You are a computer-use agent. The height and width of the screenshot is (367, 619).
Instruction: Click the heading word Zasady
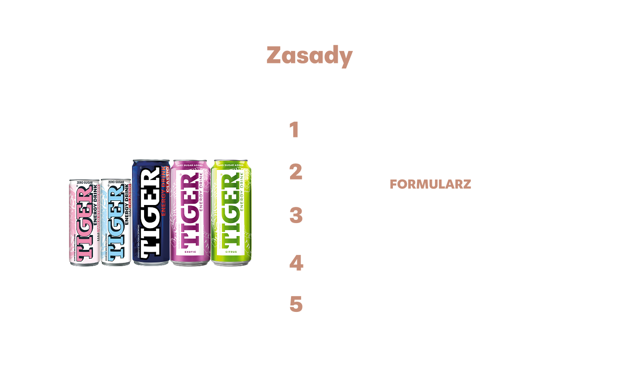(x=309, y=56)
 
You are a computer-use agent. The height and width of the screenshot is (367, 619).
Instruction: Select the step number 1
(x=294, y=131)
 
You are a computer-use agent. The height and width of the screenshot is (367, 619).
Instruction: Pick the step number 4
(x=296, y=263)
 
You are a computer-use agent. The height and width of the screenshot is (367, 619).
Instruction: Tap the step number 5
(x=296, y=305)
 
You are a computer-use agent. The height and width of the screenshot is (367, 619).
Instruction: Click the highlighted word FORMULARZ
(x=430, y=184)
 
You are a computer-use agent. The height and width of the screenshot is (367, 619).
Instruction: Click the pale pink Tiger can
(x=84, y=223)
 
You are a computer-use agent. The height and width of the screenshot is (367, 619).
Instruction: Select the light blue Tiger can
(x=115, y=223)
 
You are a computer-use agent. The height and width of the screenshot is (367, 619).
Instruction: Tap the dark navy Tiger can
(x=151, y=212)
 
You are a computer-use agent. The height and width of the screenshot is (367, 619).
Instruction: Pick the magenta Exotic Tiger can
(x=189, y=212)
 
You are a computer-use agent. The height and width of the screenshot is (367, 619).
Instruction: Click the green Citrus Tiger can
(x=231, y=212)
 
